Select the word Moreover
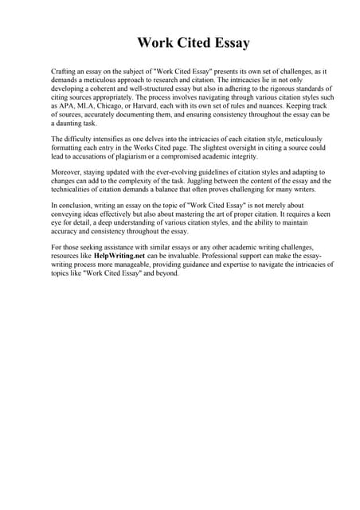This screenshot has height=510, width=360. point(68,172)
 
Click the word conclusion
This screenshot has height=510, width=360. point(74,206)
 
